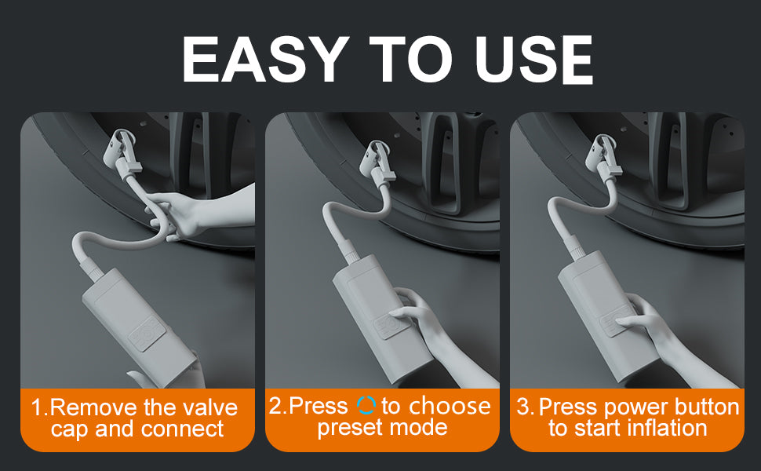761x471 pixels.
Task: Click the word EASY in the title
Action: (265, 59)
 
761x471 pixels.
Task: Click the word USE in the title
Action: (533, 59)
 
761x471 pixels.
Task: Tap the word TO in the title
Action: (411, 59)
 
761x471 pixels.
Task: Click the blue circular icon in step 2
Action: (366, 405)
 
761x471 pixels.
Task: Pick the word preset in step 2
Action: (351, 428)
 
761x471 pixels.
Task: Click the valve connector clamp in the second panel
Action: (377, 162)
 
